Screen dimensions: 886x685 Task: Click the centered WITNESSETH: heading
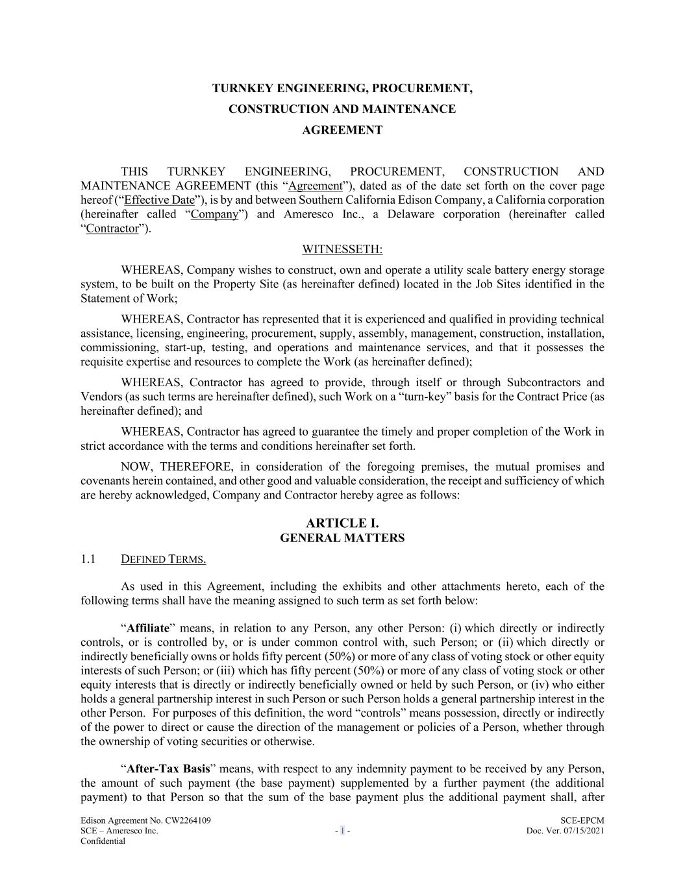(x=342, y=249)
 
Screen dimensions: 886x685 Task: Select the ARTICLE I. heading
(x=342, y=523)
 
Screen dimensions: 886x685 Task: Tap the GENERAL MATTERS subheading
(x=342, y=538)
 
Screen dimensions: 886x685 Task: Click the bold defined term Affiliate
(x=148, y=628)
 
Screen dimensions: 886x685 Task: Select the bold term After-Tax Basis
(x=168, y=769)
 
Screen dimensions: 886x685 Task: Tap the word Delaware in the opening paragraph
(x=410, y=214)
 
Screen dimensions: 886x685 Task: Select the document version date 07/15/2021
(x=582, y=831)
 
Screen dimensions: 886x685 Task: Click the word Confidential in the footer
(x=103, y=841)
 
